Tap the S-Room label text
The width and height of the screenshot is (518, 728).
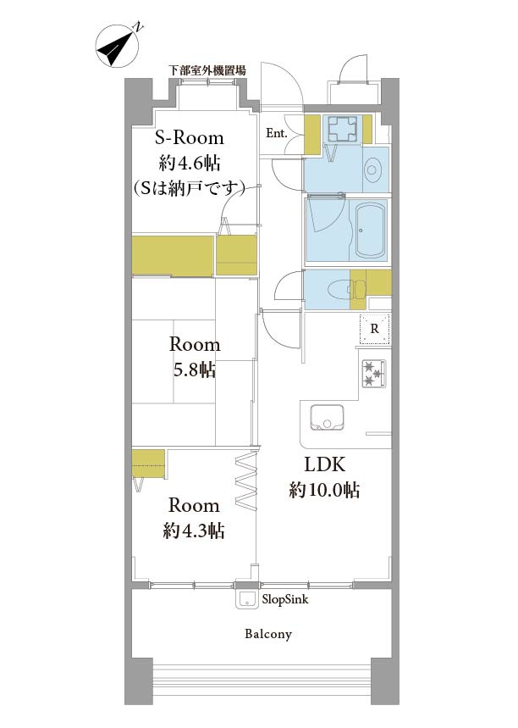pyautogui.click(x=187, y=138)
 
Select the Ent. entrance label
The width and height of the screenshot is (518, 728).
pyautogui.click(x=277, y=133)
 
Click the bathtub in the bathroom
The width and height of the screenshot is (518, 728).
pyautogui.click(x=370, y=230)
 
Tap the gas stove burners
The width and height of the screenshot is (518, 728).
pyautogui.click(x=373, y=372)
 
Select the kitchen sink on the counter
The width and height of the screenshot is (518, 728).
pyautogui.click(x=326, y=418)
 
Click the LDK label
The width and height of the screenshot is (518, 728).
pyautogui.click(x=325, y=464)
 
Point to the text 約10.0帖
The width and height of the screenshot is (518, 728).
pyautogui.click(x=325, y=490)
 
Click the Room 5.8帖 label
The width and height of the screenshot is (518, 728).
pyautogui.click(x=194, y=357)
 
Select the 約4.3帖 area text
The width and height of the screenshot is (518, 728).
pyautogui.click(x=194, y=531)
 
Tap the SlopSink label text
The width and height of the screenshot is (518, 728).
pyautogui.click(x=285, y=598)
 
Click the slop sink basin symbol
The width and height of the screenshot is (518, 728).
pyautogui.click(x=246, y=598)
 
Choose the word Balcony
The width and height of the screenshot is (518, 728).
pyautogui.click(x=268, y=634)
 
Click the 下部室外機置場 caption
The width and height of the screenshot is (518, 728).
pyautogui.click(x=207, y=70)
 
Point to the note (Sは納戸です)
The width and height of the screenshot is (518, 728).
pyautogui.click(x=187, y=186)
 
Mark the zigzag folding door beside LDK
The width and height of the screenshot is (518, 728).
pyautogui.click(x=245, y=482)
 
